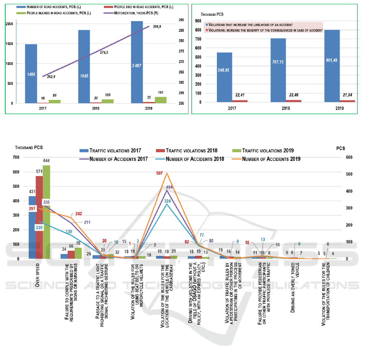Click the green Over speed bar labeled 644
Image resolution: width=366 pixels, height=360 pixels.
46,212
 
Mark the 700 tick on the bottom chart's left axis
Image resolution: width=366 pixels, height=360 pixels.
17,157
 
